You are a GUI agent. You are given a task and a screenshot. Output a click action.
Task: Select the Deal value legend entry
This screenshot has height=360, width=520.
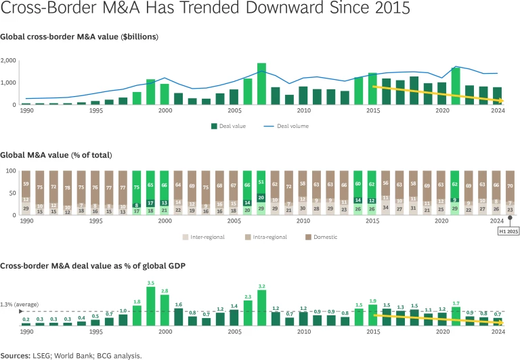point(231,126)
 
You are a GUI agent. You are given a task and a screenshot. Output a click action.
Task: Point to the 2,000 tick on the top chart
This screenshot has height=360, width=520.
point(9,61)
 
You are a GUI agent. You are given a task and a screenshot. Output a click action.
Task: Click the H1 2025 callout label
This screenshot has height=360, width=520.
point(508,231)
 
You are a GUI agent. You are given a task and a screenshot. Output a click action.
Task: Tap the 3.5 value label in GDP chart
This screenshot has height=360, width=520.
point(150,283)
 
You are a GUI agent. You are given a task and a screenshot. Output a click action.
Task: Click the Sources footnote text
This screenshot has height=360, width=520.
point(71,354)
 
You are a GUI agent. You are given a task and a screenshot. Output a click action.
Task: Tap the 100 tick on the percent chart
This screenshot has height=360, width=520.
point(9,171)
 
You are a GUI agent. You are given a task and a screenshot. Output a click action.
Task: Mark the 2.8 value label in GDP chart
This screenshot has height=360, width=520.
point(165,290)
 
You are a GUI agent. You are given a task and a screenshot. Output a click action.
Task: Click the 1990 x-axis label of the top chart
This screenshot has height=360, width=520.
point(27,110)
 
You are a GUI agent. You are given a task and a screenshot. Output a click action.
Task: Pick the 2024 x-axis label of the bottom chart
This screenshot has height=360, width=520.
point(497,332)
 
